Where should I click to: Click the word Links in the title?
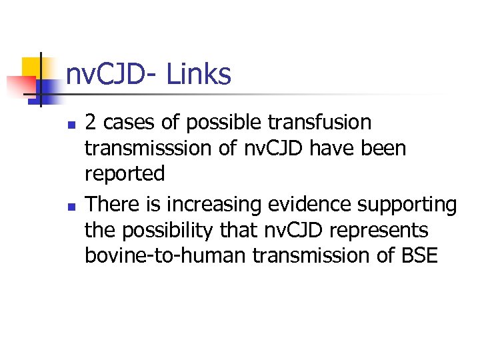(x=199, y=75)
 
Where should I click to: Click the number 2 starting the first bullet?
(x=91, y=123)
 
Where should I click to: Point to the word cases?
(x=125, y=123)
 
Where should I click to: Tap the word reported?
(x=124, y=173)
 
